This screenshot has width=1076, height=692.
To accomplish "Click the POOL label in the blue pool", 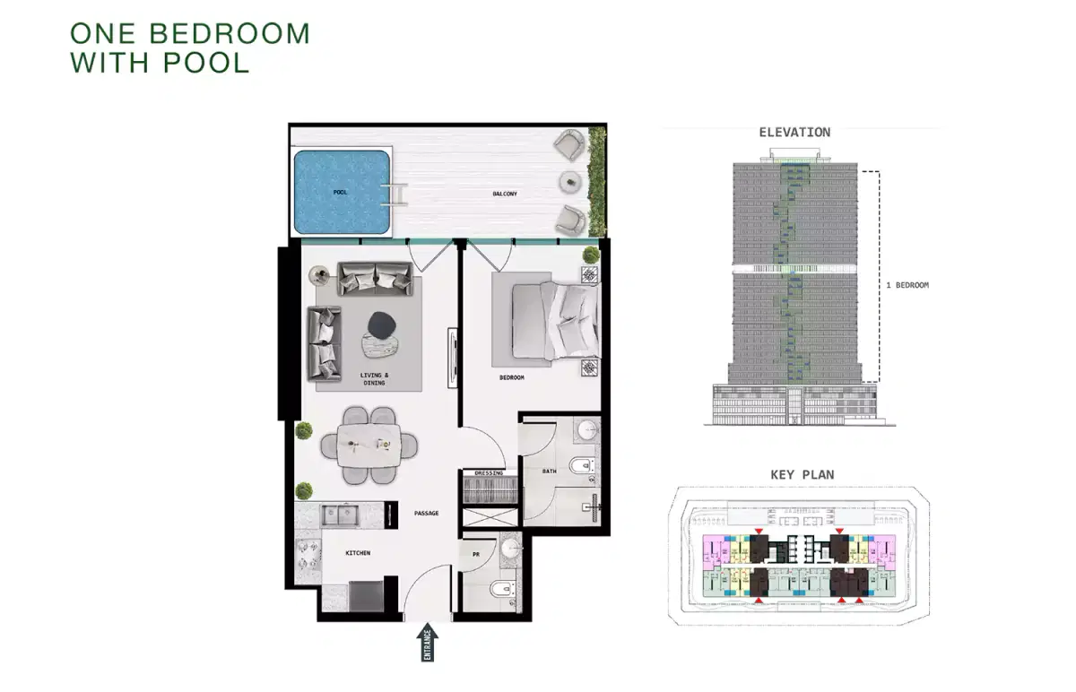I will click(341, 193).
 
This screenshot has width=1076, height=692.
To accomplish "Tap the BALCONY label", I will click(505, 194).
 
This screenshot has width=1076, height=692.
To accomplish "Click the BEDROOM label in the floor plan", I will click(511, 378).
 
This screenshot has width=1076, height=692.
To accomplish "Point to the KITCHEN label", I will click(358, 553).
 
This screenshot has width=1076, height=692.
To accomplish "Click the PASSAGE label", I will click(427, 514).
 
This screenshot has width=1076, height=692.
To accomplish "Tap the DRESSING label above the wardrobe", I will click(489, 472).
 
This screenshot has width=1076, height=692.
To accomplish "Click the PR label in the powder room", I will click(476, 555).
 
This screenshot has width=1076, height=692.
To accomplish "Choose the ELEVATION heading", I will click(794, 133).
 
